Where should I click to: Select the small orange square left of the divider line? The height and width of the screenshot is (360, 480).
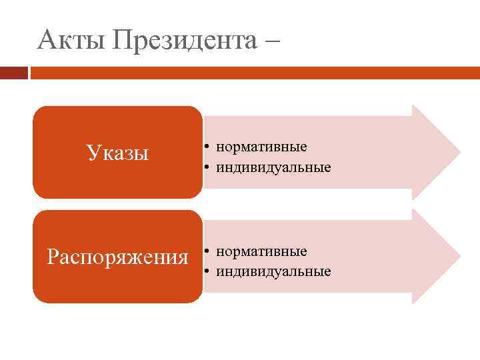point(14,72)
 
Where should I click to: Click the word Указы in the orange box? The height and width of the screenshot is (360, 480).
point(117,153)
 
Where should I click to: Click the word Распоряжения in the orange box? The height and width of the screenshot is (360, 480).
point(117,257)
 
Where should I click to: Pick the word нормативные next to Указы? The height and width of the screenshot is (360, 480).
point(261,147)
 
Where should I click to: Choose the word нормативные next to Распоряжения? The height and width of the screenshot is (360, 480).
point(261,251)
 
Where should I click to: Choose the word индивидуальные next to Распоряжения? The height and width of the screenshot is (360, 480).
point(273,271)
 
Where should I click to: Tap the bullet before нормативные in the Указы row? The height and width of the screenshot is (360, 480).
point(208,147)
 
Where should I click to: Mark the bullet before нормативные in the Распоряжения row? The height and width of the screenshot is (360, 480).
point(208,251)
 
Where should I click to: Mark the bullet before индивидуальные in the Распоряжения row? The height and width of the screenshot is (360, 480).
point(208,271)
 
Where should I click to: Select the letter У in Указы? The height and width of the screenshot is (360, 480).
point(92,153)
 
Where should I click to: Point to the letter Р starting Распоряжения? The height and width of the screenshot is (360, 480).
point(53,257)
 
